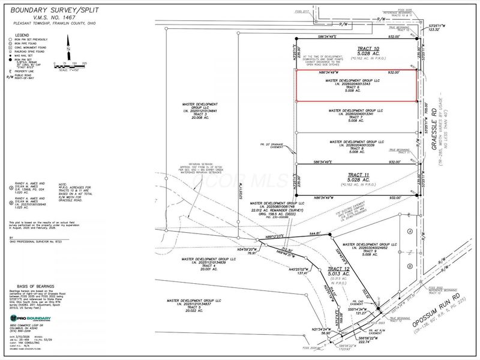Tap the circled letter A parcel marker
(x=410, y=231)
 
